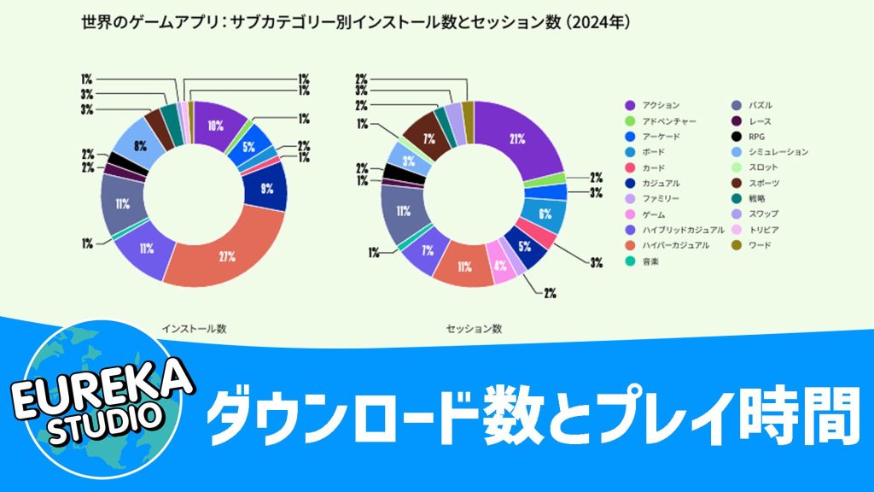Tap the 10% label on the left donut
click(x=215, y=126)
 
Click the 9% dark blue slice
click(x=267, y=190)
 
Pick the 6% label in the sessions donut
click(x=545, y=214)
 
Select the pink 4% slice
click(x=501, y=264)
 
